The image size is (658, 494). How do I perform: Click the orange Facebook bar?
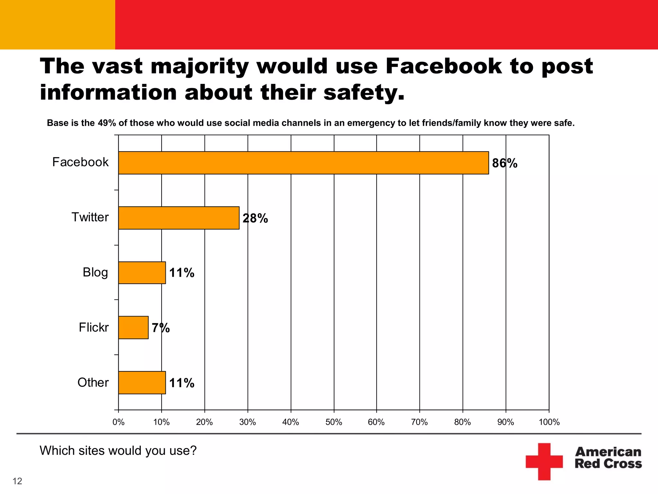(x=303, y=163)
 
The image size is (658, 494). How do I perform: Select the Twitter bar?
(x=179, y=218)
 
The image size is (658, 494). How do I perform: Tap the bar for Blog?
(x=142, y=273)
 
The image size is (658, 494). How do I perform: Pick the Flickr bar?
(x=133, y=327)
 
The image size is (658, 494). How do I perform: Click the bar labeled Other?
(x=142, y=382)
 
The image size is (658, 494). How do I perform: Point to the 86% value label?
(x=504, y=163)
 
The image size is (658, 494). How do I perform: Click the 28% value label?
(x=255, y=218)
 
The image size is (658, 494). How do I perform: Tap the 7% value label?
(x=161, y=328)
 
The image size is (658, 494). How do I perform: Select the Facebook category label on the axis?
(x=80, y=162)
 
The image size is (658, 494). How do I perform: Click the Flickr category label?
(x=93, y=327)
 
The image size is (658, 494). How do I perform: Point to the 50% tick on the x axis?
(x=333, y=422)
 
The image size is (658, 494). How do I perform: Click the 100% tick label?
(x=549, y=422)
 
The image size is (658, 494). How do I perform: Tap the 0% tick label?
(x=118, y=422)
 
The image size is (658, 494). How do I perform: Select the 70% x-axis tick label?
(x=419, y=422)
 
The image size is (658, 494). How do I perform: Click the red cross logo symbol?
(x=544, y=462)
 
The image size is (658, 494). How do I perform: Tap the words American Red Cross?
(x=608, y=458)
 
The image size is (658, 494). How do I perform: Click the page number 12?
(x=17, y=481)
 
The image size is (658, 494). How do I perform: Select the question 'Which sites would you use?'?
(x=118, y=451)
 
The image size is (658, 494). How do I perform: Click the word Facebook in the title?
(x=443, y=66)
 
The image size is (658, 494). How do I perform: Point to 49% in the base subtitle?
(x=106, y=123)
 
